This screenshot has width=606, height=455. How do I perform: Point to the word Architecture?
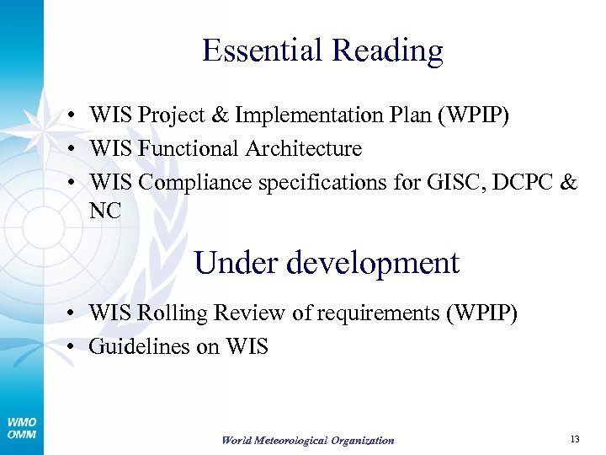point(304,149)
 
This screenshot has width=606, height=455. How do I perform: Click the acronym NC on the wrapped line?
point(105,211)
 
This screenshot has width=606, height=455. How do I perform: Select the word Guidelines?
point(139,346)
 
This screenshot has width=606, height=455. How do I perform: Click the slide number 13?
point(575,439)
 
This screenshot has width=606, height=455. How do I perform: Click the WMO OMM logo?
point(21,428)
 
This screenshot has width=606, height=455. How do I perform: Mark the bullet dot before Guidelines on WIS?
point(75,346)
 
